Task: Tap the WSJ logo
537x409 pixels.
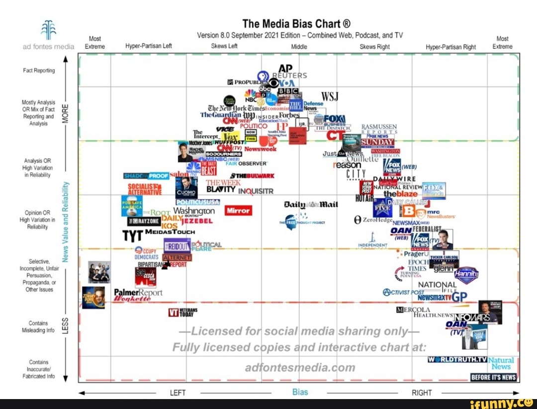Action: tap(330, 96)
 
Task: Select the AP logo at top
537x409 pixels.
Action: tap(285, 68)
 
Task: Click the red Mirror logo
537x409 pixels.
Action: tap(238, 210)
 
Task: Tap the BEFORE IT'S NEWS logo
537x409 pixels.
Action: tap(494, 378)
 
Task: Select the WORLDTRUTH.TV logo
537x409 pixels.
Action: tap(456, 359)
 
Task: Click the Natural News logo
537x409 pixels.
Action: tap(501, 364)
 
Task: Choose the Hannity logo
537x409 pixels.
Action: tap(466, 274)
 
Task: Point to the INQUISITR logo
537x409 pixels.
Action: tap(256, 191)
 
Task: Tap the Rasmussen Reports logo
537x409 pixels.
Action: tap(379, 129)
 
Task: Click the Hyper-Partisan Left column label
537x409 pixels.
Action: tap(149, 47)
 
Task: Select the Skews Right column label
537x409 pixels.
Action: tap(374, 47)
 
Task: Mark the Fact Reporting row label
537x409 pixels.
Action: tap(39, 71)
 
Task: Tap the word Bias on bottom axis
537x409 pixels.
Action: tap(300, 392)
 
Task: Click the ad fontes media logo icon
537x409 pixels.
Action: tap(49, 30)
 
